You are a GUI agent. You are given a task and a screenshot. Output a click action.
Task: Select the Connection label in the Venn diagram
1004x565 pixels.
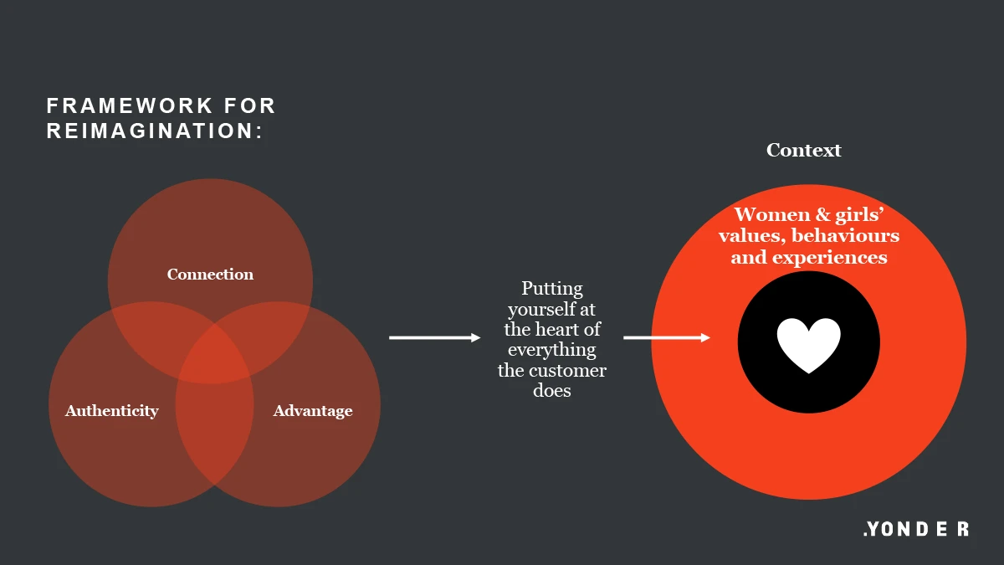(210, 275)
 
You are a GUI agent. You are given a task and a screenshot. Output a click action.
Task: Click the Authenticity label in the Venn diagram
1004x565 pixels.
(112, 411)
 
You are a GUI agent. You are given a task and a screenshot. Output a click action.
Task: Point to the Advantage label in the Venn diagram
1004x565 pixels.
(313, 411)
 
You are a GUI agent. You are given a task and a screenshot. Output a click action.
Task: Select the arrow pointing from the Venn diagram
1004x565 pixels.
(435, 337)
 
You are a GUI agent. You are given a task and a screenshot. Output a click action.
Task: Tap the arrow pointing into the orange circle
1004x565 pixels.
(667, 337)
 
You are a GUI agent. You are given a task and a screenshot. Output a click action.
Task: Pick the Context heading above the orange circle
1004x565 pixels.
(804, 151)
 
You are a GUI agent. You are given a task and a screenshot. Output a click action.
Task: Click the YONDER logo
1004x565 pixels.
(916, 529)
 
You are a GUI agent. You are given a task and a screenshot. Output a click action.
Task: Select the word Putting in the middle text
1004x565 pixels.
(552, 290)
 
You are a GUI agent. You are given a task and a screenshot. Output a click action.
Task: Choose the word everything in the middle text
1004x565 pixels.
(552, 350)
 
